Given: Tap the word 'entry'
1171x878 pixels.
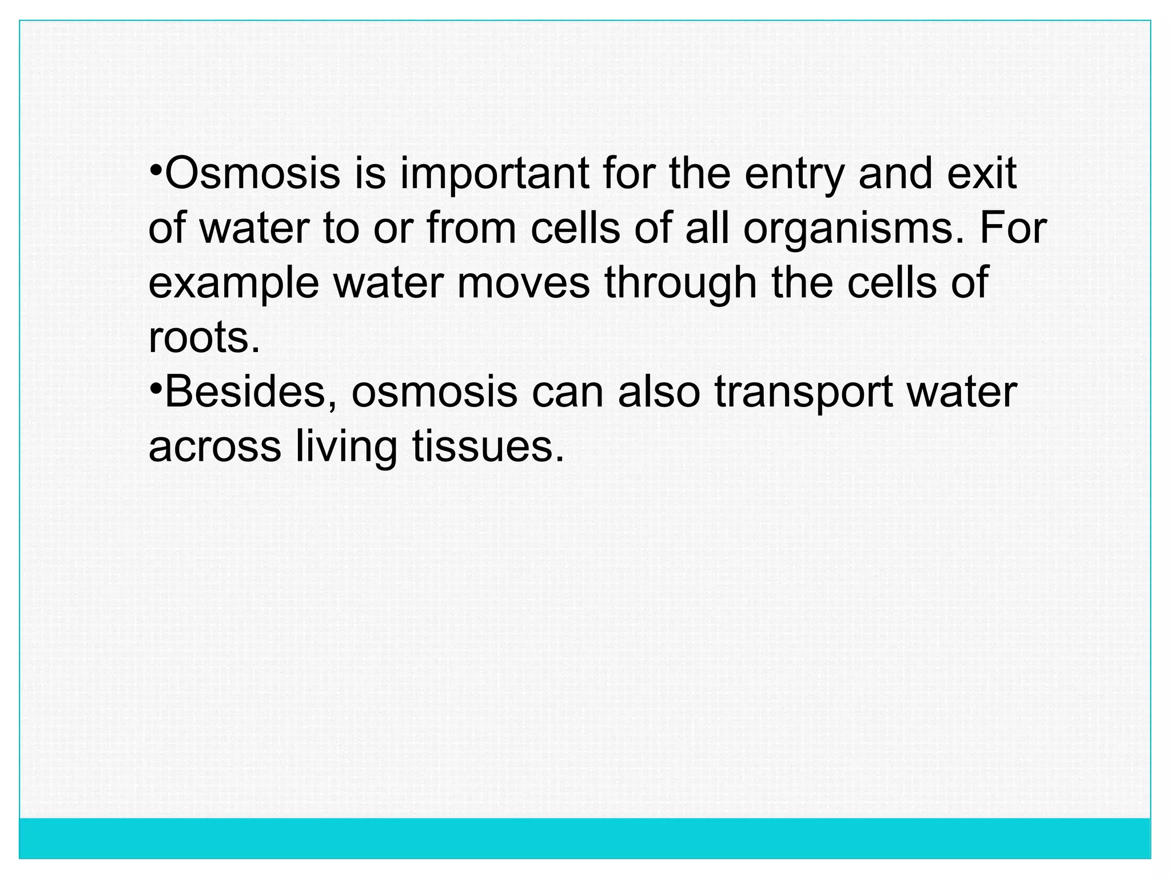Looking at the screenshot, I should [794, 174].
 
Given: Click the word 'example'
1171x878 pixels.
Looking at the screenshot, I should [233, 284].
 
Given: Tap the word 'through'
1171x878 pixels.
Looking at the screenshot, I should [681, 284].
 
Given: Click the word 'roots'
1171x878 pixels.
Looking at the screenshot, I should [204, 338].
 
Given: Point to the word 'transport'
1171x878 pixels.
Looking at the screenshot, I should [803, 393].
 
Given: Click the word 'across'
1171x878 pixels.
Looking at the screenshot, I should [214, 447].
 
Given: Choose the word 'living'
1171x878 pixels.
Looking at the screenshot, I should [346, 448].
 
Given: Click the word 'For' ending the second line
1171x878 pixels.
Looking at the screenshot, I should [1013, 229].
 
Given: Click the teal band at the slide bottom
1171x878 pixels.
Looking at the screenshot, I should [585, 838].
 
